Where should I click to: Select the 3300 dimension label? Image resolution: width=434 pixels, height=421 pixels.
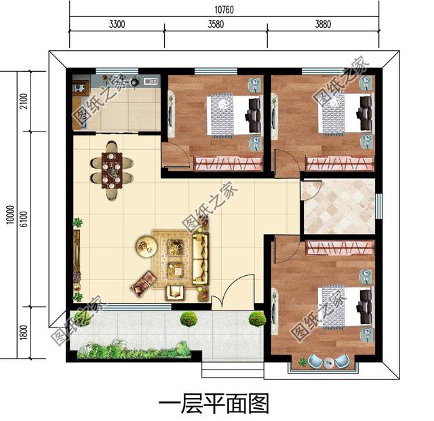[x=116, y=26]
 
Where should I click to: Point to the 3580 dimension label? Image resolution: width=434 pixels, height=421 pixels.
[x=215, y=26]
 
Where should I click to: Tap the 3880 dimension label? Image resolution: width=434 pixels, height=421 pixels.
[x=323, y=26]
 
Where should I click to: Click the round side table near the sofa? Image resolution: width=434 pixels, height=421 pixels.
[x=145, y=245]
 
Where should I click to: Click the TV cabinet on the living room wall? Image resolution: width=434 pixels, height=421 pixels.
[x=77, y=258]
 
